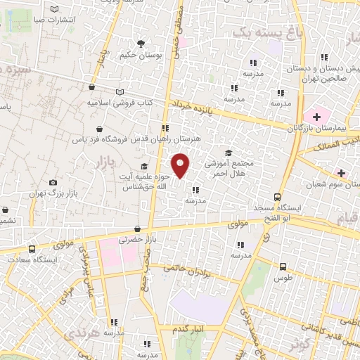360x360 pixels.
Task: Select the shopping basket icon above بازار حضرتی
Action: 138,229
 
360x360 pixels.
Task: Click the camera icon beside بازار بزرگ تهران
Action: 53,183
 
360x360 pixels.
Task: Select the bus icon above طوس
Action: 283,266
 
